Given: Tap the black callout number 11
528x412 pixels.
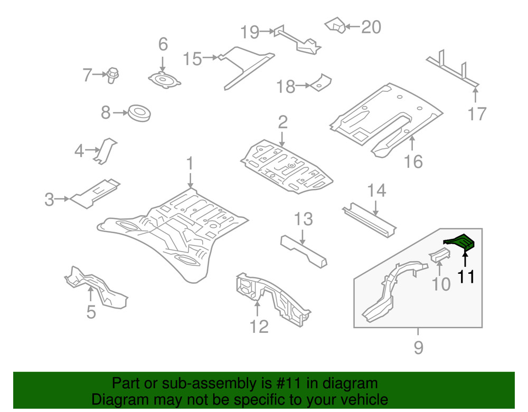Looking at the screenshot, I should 466,276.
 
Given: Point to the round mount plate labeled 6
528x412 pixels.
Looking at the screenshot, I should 164,81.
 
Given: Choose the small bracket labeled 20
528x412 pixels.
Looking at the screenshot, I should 335,25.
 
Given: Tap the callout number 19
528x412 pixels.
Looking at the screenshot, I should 250,33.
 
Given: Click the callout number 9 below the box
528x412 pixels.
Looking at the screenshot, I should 418,348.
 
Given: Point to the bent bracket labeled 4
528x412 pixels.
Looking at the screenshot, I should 107,150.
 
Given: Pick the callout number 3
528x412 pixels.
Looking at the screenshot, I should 49,199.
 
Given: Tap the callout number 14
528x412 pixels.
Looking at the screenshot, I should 377,190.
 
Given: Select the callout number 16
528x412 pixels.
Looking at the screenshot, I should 413,161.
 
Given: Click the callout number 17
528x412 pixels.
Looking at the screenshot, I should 476,113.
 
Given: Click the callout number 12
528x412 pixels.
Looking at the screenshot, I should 259,327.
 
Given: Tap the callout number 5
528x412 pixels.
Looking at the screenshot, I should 91,312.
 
